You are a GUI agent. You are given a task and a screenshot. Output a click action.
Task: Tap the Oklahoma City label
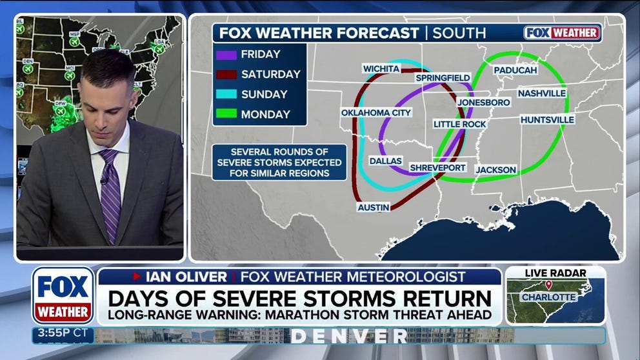coord(376,113)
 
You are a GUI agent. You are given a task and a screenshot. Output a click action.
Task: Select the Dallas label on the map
coord(386,161)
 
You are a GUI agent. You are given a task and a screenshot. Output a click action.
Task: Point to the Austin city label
coord(374,207)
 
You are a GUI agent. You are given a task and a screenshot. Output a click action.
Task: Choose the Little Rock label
coord(459,124)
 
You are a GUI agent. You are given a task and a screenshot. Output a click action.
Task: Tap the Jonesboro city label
coord(484,102)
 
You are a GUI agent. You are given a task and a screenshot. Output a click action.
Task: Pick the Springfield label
coord(443,78)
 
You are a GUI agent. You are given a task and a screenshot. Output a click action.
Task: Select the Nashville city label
coord(541,93)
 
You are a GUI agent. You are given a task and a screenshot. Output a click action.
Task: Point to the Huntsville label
coord(546,119)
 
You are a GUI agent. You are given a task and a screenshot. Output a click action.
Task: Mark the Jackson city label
coord(495,170)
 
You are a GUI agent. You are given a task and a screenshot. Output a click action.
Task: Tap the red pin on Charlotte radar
coord(548,285)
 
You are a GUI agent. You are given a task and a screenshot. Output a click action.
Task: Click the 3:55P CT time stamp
coord(55,335)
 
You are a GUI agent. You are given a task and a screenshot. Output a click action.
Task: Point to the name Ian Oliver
coord(186,277)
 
